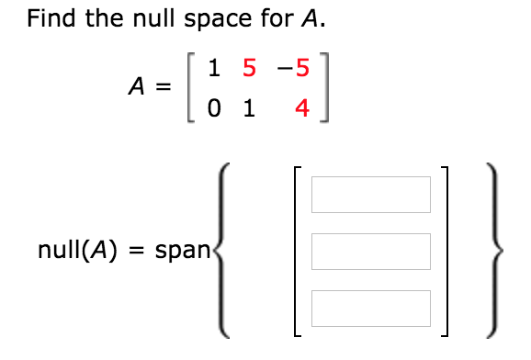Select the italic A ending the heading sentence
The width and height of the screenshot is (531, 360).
(x=313, y=19)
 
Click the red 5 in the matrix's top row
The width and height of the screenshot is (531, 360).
(x=245, y=68)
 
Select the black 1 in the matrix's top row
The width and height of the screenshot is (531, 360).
(x=213, y=68)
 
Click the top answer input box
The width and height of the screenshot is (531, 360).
(x=370, y=194)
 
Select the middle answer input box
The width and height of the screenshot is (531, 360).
(x=370, y=251)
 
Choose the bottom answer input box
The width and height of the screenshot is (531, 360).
(x=370, y=308)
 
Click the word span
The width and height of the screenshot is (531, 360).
(x=182, y=250)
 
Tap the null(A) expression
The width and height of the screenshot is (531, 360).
(x=76, y=250)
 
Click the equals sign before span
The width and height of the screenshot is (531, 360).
(x=134, y=250)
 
